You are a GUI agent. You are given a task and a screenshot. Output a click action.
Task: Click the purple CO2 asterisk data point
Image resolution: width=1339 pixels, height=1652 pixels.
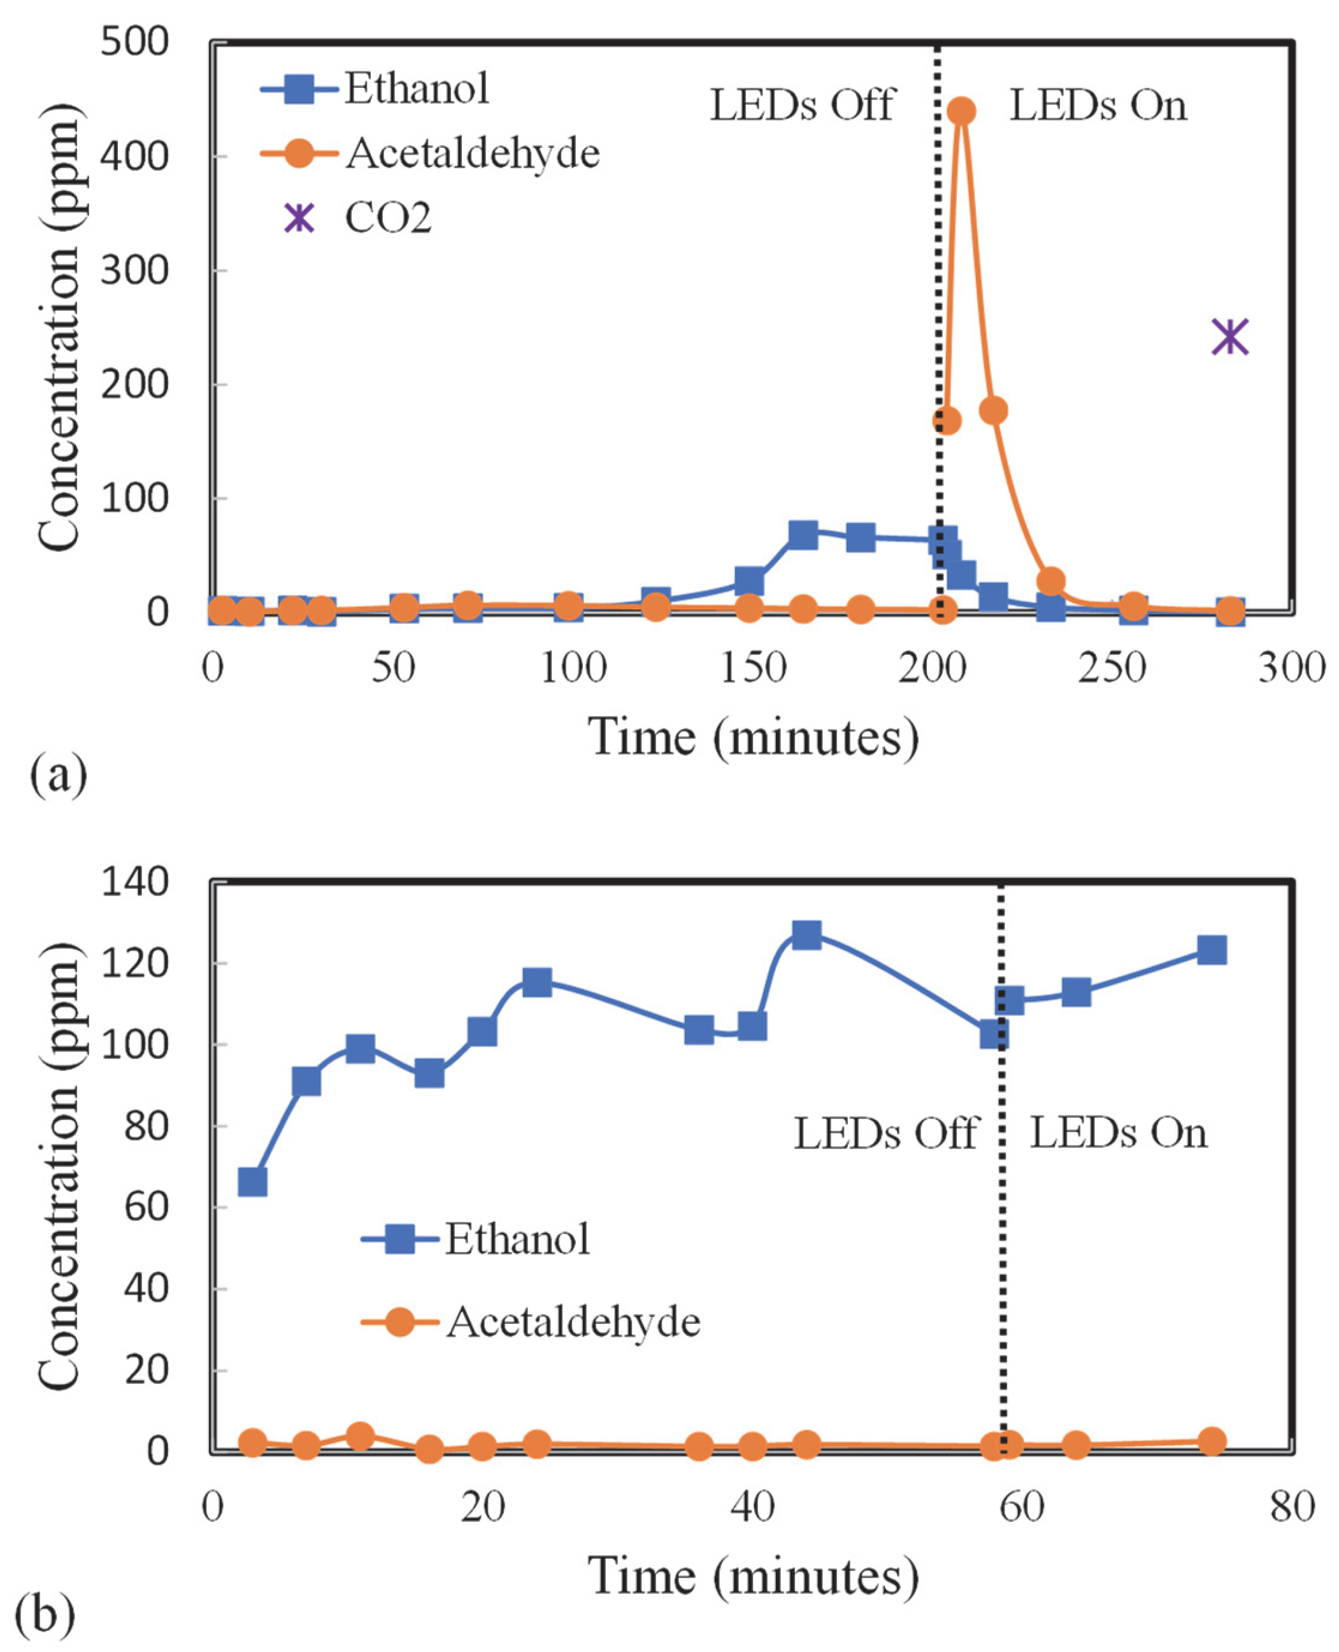[1229, 337]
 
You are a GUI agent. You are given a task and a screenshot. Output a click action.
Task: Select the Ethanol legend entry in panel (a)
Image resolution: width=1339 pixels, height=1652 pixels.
[417, 89]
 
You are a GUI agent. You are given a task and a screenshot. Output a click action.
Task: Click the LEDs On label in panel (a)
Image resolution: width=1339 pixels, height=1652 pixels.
[1098, 106]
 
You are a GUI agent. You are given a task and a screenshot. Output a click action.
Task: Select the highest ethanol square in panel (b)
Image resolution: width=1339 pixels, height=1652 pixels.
[806, 935]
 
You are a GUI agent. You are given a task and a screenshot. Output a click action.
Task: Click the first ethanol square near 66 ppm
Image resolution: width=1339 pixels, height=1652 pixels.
[253, 1182]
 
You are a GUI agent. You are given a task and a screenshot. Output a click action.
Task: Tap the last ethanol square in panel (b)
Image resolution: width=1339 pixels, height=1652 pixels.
[1212, 950]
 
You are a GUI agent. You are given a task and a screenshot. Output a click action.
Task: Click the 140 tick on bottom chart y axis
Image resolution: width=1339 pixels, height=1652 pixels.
[134, 882]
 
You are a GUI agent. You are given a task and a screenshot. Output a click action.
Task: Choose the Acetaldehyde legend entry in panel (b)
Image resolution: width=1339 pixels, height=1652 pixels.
[572, 1321]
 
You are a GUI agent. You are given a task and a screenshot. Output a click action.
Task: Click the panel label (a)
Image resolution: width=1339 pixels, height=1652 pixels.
[58, 774]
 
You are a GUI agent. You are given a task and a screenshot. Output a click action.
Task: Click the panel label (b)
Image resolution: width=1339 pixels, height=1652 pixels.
[45, 1612]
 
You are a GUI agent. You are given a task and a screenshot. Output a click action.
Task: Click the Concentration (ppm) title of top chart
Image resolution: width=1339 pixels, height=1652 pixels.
[60, 327]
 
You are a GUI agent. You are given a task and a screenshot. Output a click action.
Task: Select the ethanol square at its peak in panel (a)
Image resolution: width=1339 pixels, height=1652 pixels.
[803, 535]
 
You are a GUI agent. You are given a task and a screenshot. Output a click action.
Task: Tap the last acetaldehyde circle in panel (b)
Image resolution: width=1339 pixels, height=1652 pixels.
[1212, 1440]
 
